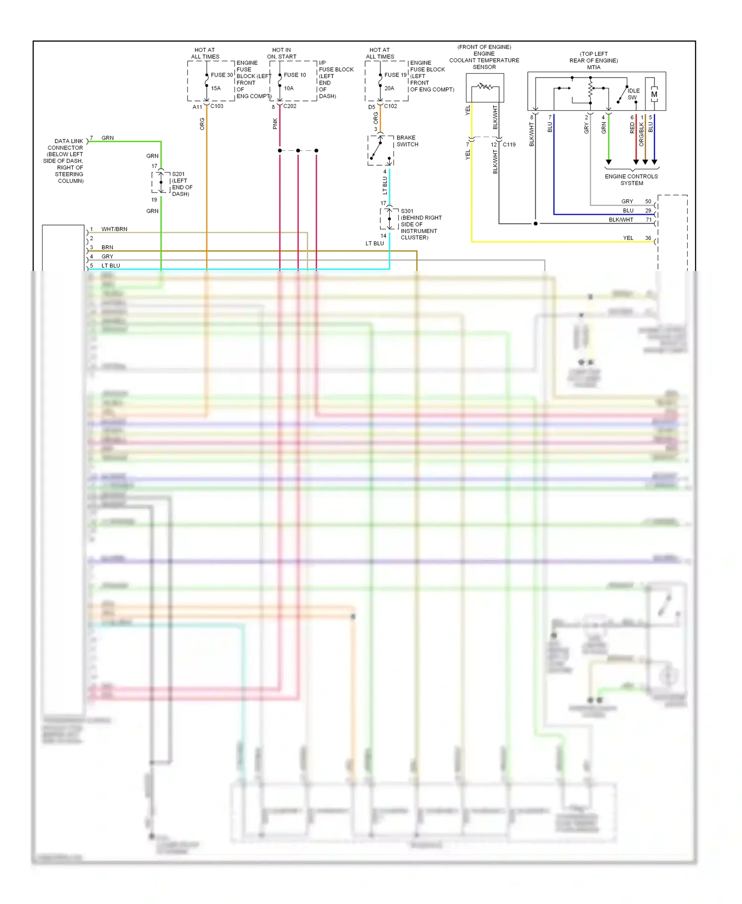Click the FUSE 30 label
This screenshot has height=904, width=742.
[x=222, y=75]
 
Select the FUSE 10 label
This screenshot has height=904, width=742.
[x=295, y=75]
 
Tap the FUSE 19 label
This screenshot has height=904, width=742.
[x=395, y=75]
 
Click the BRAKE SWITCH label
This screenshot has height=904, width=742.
[x=407, y=141]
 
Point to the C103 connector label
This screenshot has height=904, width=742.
[x=217, y=106]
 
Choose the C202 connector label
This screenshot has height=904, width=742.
[x=290, y=106]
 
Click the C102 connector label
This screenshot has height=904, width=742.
[x=390, y=106]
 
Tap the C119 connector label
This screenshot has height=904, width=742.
[x=509, y=145]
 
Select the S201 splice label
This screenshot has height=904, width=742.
[x=178, y=174]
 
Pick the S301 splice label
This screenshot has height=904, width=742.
[x=407, y=211]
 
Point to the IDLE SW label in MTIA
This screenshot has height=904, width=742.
[x=633, y=94]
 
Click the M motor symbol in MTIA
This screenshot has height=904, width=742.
[x=654, y=94]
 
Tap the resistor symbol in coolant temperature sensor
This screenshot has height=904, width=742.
[x=485, y=87]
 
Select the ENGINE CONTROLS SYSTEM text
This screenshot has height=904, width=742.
[x=631, y=180]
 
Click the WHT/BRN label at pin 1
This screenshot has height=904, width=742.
[x=114, y=229]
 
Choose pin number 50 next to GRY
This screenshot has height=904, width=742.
[x=648, y=202]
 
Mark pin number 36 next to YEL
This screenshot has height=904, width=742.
[x=648, y=238]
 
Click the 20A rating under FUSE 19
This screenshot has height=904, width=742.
[x=389, y=89]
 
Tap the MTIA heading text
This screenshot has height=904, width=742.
[x=594, y=67]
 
